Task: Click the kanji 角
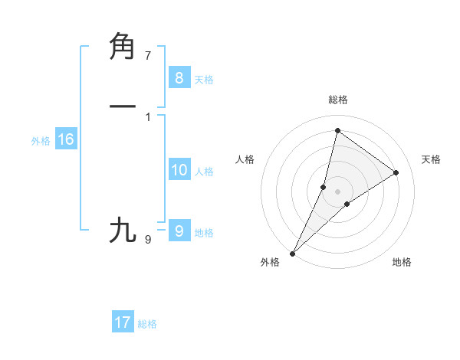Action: [123, 46]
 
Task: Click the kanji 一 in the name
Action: [123, 106]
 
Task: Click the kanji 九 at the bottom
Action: [123, 230]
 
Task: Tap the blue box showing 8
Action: [179, 77]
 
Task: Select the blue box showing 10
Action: [179, 170]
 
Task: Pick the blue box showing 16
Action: [65, 139]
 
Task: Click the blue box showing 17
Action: [123, 322]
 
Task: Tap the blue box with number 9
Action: [179, 231]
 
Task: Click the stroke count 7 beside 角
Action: [148, 56]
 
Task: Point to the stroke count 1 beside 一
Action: [148, 116]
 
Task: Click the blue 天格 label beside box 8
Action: [204, 80]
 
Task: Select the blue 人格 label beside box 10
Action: [204, 172]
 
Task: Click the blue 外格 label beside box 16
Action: [41, 141]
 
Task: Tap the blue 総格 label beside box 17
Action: [147, 325]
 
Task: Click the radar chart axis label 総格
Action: [338, 100]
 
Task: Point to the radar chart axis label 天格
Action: [431, 159]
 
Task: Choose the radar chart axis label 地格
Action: [402, 262]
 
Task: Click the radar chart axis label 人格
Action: [245, 159]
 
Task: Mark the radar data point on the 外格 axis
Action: [292, 254]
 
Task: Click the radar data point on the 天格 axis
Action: [396, 173]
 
